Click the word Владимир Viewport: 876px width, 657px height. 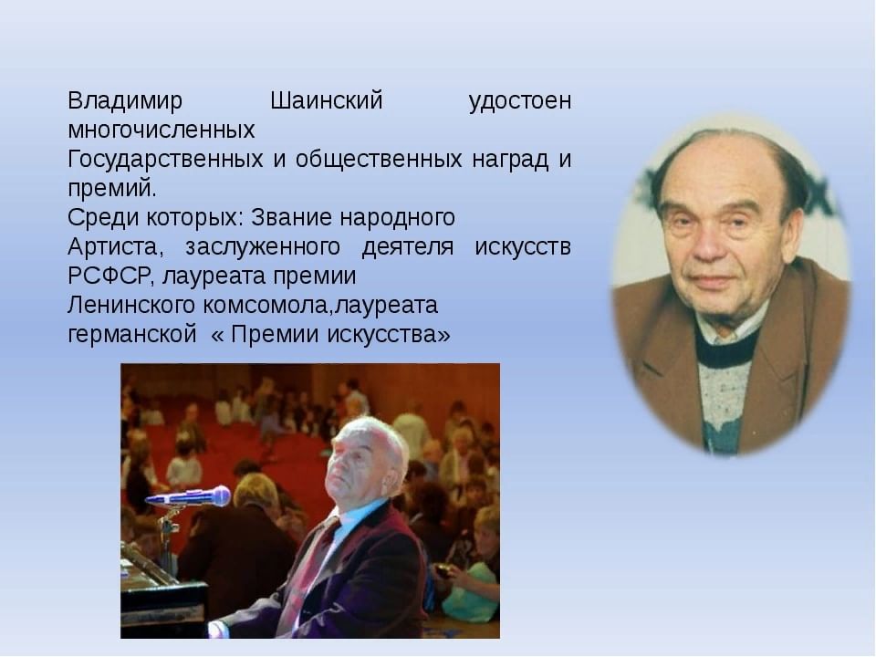[x=125, y=101]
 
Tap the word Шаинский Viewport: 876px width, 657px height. [x=327, y=101]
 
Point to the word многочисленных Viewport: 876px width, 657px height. [x=161, y=130]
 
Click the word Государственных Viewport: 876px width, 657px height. [x=165, y=160]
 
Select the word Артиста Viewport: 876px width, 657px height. [x=116, y=247]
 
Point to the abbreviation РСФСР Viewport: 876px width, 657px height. [x=109, y=276]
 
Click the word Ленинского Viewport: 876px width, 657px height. [x=131, y=306]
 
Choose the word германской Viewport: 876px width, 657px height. [x=131, y=335]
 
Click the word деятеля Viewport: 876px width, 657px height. [x=408, y=247]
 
